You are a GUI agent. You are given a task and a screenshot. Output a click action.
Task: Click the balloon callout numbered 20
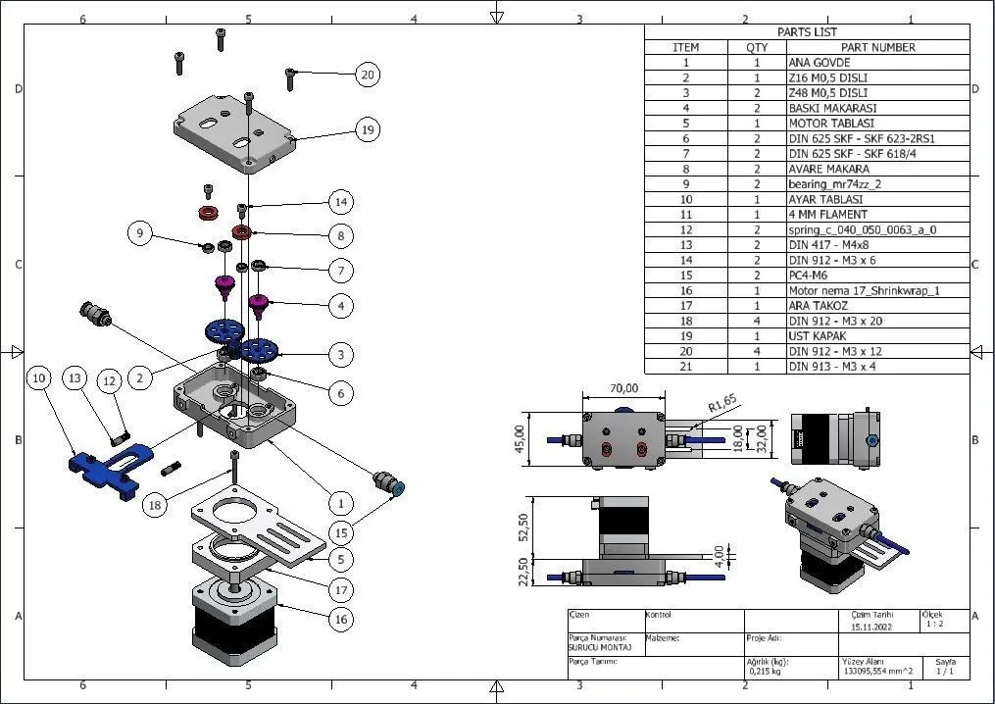(368, 75)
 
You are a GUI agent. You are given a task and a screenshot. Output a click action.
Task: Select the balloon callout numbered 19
(368, 129)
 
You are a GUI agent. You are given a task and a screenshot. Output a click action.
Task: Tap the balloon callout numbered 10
(39, 377)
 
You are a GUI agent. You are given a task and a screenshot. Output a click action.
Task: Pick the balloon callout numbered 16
(341, 620)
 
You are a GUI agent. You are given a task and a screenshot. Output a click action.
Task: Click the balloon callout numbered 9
(141, 233)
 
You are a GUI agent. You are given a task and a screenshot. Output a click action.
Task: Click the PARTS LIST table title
(807, 31)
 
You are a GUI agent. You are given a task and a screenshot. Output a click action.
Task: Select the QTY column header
(757, 47)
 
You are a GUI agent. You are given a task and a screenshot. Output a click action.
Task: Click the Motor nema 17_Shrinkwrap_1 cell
(849, 291)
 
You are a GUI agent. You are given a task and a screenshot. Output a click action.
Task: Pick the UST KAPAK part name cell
(816, 336)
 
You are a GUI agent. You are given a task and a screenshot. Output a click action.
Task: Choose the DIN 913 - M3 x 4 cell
(830, 367)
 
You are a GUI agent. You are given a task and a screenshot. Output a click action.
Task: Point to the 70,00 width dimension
(624, 388)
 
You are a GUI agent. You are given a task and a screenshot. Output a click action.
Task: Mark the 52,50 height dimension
(523, 527)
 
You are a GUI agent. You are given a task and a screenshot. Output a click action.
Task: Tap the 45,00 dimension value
(521, 432)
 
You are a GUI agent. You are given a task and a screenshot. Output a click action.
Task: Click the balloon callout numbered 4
(341, 306)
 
